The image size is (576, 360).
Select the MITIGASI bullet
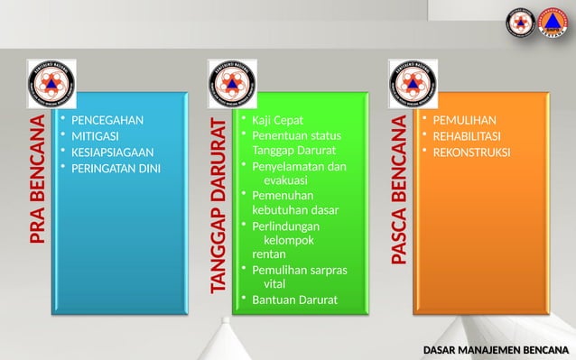tap(94, 136)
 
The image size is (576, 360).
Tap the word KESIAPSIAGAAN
tap(112, 152)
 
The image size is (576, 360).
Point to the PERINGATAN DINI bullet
tap(116, 168)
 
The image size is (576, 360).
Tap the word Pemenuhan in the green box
tap(283, 196)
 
